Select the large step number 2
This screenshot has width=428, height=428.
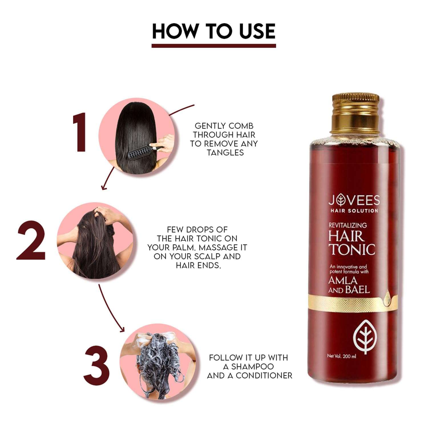[x=31, y=241]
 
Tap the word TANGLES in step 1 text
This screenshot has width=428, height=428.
[x=225, y=153]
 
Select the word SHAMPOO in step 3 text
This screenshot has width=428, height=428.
[x=253, y=366]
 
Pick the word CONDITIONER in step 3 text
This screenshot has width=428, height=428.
[x=264, y=375]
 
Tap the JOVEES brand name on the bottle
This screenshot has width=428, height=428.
[x=354, y=200]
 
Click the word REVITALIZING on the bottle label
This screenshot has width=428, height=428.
[x=348, y=225]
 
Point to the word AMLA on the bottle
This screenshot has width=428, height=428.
[x=343, y=280]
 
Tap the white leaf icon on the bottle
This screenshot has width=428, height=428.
[x=365, y=337]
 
